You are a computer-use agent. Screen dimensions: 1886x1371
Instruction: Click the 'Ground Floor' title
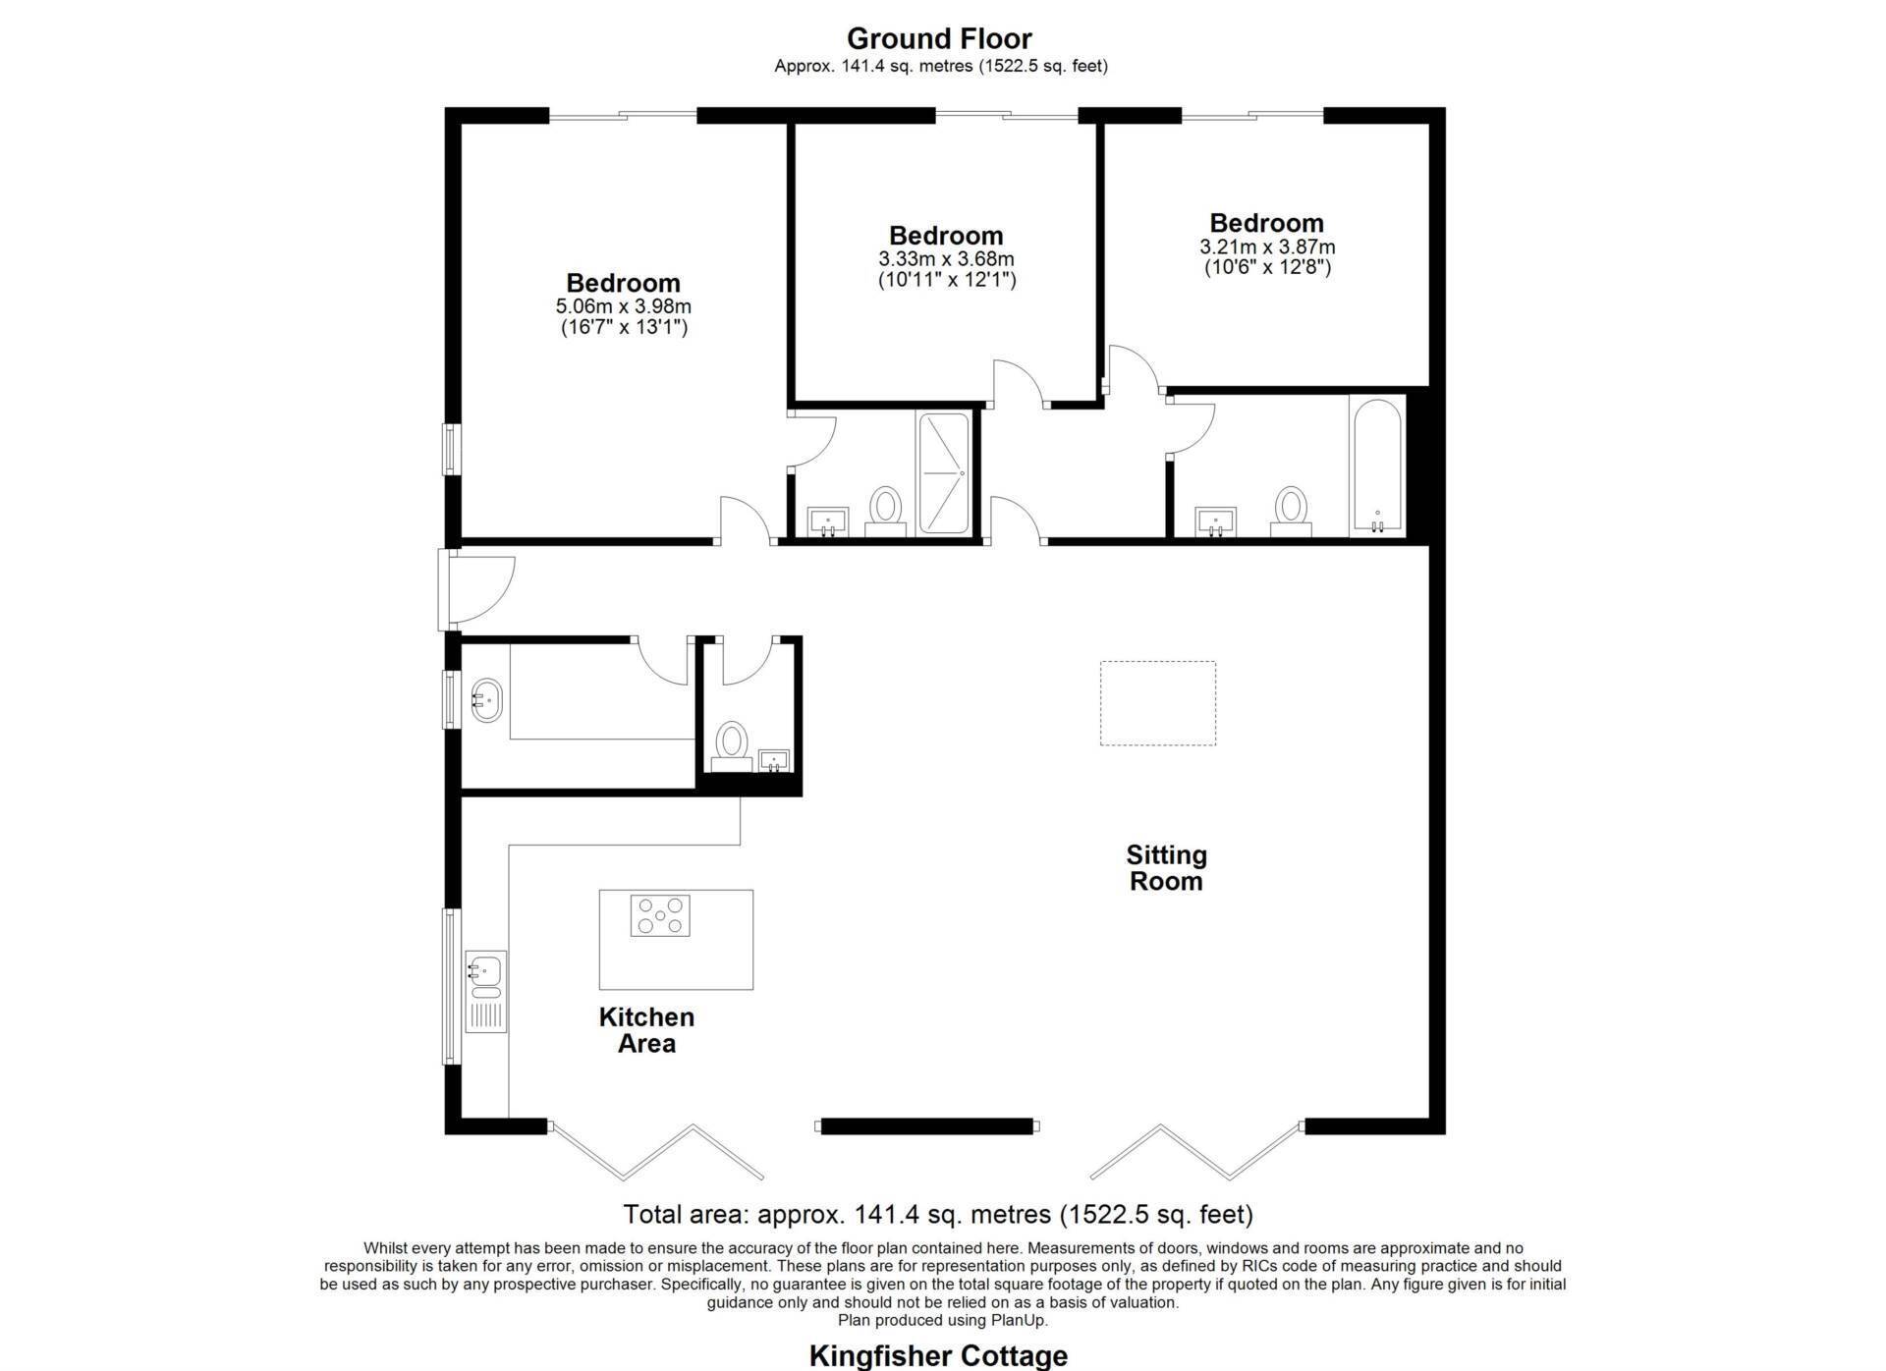(939, 38)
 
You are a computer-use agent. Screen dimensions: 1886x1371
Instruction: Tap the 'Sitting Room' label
(1166, 867)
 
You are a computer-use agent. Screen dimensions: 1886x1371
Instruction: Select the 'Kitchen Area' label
(646, 1029)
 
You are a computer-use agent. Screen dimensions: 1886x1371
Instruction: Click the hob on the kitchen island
(660, 915)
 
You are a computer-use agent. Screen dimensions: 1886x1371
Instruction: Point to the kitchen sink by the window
(485, 991)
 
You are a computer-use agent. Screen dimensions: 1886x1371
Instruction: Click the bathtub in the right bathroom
(1377, 466)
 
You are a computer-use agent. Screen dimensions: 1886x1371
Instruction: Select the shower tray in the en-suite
(943, 473)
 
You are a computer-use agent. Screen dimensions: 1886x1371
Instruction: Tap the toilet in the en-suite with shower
(886, 512)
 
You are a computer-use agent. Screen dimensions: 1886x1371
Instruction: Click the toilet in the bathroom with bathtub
(1291, 512)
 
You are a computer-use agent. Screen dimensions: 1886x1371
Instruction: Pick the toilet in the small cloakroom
(731, 746)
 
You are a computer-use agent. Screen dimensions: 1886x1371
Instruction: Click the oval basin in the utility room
(486, 700)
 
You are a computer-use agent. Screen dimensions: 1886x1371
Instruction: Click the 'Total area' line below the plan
(938, 1215)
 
